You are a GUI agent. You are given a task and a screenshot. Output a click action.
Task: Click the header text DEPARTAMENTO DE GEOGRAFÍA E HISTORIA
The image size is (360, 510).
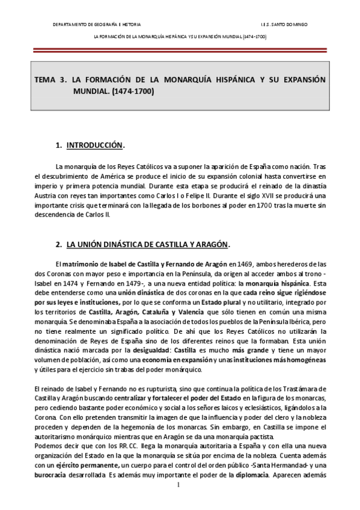coord(96,25)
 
